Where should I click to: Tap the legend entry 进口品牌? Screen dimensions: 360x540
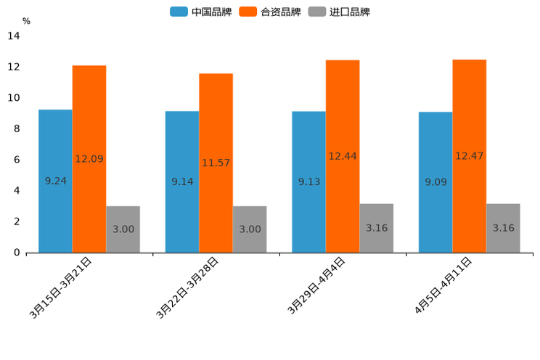pyautogui.click(x=341, y=12)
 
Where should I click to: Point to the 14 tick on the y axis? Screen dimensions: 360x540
pyautogui.click(x=14, y=36)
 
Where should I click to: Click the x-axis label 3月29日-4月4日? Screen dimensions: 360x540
pyautogui.click(x=316, y=286)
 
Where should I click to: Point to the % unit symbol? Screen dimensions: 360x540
pyautogui.click(x=26, y=21)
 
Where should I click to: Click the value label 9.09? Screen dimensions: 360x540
pyautogui.click(x=435, y=181)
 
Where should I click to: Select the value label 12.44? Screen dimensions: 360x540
pyautogui.click(x=343, y=156)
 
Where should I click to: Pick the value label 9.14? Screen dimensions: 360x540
pyautogui.click(x=182, y=181)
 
